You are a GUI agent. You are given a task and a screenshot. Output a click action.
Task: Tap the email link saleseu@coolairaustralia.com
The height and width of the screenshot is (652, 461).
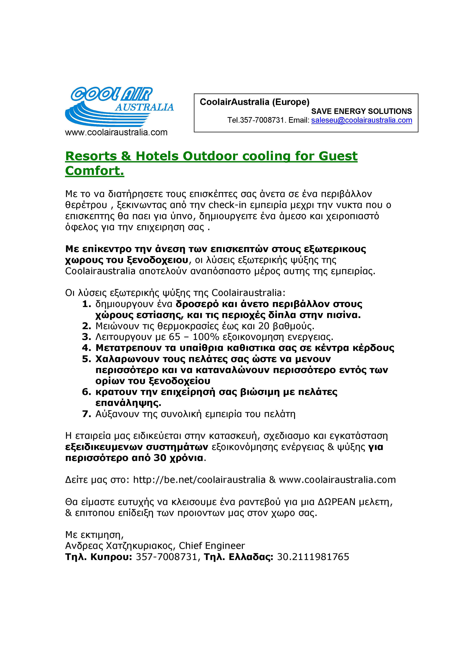[361, 120]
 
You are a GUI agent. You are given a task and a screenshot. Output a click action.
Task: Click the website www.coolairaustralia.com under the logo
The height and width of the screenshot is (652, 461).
[116, 132]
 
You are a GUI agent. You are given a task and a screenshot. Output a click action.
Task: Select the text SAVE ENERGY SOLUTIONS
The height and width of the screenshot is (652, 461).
[361, 111]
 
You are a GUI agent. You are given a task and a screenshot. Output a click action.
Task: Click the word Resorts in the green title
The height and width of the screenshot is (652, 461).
[91, 156]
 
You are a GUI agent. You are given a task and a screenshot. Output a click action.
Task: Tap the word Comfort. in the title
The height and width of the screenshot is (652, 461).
[95, 171]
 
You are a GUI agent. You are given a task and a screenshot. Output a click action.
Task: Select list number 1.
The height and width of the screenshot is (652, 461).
[86, 304]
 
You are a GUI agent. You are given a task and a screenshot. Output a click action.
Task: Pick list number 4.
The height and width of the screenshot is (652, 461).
[86, 348]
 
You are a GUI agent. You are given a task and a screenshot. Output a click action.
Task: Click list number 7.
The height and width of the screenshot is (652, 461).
[86, 414]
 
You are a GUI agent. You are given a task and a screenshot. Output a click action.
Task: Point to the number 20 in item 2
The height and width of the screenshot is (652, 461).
[264, 326]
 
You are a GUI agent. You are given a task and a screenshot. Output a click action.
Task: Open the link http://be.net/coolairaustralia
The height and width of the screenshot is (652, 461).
[199, 480]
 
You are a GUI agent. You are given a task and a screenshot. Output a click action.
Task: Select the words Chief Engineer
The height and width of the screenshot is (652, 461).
[212, 546]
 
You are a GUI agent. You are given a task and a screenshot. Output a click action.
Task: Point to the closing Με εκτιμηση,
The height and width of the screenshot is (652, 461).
[94, 535]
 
